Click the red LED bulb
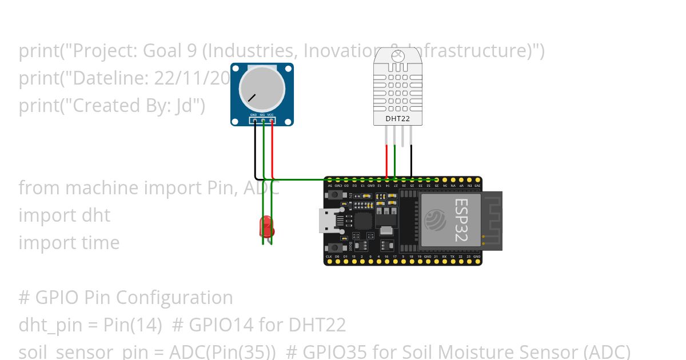pos(266,227)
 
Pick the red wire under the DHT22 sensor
pos(387,163)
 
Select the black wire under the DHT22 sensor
pos(411,163)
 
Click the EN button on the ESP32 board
pos(330,195)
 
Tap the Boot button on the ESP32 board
pos(330,247)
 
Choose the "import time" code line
pos(69,243)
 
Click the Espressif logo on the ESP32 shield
pos(436,220)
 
